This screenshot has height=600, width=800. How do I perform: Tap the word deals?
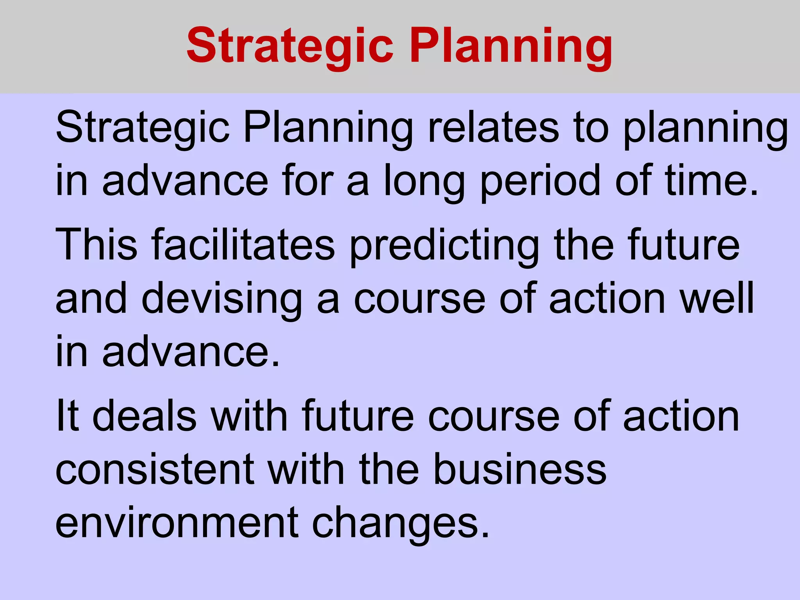pyautogui.click(x=144, y=416)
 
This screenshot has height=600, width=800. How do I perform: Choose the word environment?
pyautogui.click(x=177, y=523)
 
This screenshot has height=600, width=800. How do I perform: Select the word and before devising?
pyautogui.click(x=91, y=298)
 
